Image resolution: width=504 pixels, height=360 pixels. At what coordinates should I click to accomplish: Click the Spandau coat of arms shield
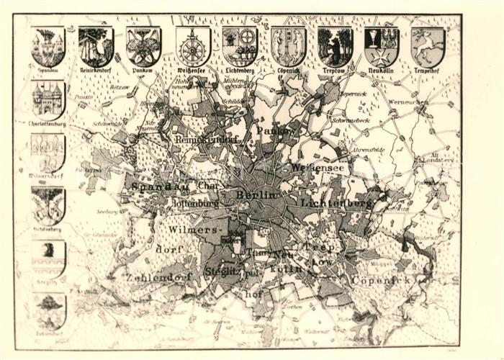click(x=48, y=47)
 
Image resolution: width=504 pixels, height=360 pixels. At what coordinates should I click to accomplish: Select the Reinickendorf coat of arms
click(x=96, y=47)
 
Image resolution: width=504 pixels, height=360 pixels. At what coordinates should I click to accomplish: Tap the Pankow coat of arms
click(x=143, y=47)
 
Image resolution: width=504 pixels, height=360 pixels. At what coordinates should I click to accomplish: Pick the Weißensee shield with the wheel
click(x=193, y=47)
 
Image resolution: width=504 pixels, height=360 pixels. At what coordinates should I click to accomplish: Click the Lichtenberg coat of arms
click(x=240, y=47)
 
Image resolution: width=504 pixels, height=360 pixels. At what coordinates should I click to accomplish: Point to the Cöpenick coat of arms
click(x=288, y=47)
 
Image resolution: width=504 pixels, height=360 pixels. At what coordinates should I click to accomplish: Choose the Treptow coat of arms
click(x=335, y=47)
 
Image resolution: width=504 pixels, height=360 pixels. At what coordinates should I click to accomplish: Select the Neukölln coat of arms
click(x=382, y=47)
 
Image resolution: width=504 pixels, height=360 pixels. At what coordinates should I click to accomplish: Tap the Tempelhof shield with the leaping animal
click(x=428, y=47)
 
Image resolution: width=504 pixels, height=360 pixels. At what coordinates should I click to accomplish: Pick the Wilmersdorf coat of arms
click(x=48, y=152)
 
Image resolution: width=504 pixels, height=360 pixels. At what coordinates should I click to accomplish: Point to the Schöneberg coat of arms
click(x=48, y=205)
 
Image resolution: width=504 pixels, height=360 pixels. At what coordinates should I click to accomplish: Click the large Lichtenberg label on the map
click(x=337, y=204)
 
